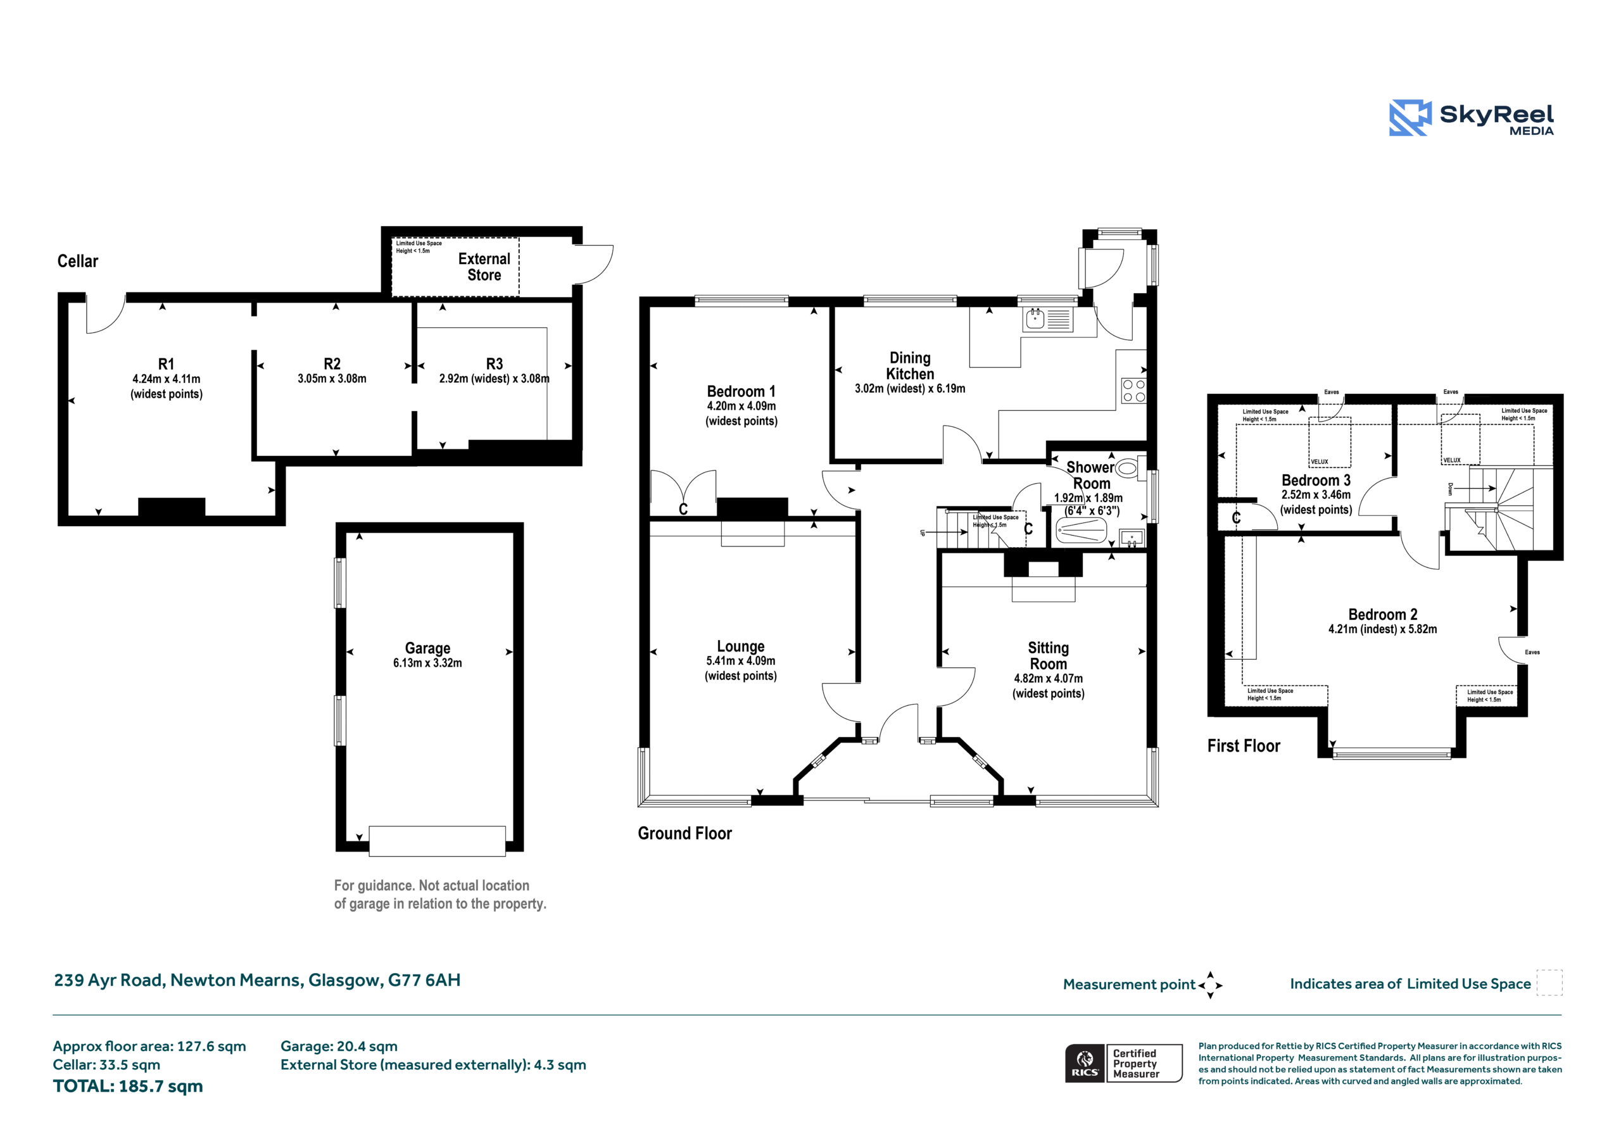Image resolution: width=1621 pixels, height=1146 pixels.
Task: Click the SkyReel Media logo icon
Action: pos(1410,117)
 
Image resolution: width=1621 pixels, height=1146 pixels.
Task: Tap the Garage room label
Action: pos(427,648)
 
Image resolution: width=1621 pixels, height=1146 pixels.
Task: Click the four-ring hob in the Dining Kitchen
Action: pos(1133,391)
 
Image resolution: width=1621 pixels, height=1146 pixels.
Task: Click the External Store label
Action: pos(484,267)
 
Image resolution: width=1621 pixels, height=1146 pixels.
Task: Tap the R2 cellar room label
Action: pos(332,363)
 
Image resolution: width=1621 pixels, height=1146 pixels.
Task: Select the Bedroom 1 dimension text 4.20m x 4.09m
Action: pos(741,406)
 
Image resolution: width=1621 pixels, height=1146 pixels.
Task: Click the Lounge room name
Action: pos(741,646)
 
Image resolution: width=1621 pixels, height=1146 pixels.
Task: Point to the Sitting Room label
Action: pos(1049,656)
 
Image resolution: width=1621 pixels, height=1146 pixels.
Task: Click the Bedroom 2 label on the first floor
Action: pos(1382,614)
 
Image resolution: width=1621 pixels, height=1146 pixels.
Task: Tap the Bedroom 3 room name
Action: pos(1316,480)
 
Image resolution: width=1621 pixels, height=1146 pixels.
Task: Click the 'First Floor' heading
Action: pos(1243,746)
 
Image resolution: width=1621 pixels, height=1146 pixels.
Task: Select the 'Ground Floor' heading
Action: pos(685,833)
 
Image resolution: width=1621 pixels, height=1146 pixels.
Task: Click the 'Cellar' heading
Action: pos(78,261)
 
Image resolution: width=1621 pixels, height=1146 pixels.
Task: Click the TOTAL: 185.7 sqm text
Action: pos(128,1086)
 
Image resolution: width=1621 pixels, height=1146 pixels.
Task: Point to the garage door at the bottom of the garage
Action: pos(437,841)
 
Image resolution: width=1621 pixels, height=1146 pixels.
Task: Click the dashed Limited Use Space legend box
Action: pos(1549,983)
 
